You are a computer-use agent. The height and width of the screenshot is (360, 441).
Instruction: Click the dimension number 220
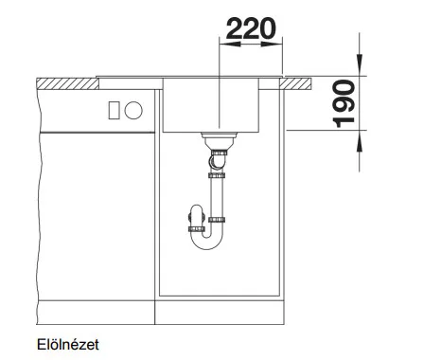click(x=251, y=28)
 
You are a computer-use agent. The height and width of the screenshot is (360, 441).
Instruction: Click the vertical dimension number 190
click(x=344, y=103)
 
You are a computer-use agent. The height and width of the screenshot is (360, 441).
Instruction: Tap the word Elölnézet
click(x=68, y=345)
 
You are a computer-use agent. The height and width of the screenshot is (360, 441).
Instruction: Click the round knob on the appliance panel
click(x=133, y=110)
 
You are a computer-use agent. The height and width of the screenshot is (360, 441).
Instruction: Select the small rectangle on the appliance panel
click(x=114, y=110)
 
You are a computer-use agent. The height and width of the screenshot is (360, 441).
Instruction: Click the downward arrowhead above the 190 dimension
click(x=360, y=65)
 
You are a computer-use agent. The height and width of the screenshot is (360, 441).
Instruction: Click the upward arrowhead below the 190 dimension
click(x=360, y=141)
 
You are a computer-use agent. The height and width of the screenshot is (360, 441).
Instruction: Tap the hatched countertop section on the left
click(x=67, y=83)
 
